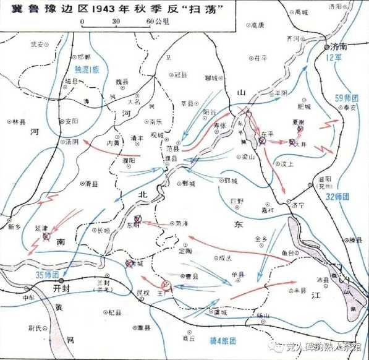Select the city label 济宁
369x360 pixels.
tap(299, 205)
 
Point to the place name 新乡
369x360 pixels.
tap(14, 228)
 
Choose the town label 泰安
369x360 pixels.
tap(350, 108)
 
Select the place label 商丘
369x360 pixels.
tap(189, 338)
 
